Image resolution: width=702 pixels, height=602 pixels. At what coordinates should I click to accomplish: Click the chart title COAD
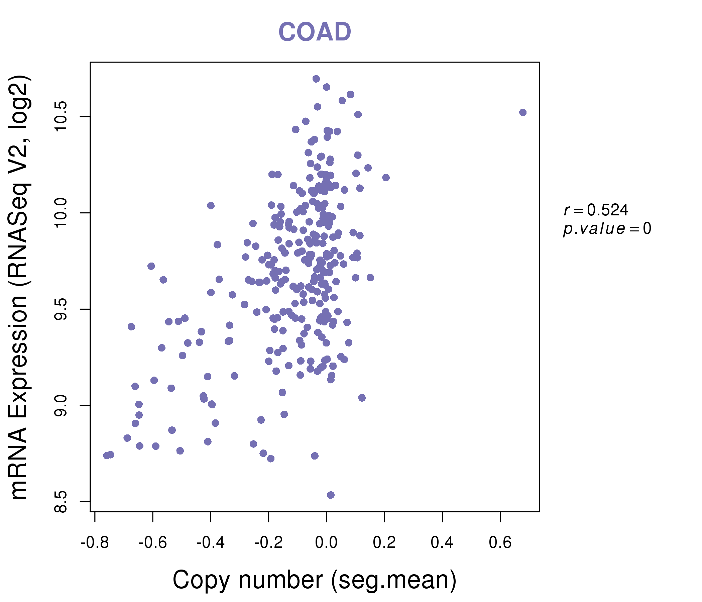pos(315,32)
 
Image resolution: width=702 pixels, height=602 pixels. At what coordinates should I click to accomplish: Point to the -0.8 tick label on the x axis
pos(95,542)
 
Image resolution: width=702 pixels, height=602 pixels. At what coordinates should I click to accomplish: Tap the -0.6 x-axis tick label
pos(153,542)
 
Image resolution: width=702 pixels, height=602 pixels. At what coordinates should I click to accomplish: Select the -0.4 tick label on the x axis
pos(210,542)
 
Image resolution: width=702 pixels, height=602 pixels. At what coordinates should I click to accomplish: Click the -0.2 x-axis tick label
pos(268,542)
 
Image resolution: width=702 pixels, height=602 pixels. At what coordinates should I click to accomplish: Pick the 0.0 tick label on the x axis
pos(326,542)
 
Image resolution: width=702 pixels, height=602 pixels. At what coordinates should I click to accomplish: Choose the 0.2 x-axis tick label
pos(384,542)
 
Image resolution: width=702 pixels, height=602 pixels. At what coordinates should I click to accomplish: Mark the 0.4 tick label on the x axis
pos(442,542)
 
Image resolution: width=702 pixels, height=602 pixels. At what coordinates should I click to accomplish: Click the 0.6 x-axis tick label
pos(500,542)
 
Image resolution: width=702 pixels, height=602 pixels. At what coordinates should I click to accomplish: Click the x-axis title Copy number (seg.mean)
pos(315,580)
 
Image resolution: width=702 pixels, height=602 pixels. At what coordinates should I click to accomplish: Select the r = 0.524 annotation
pos(596,210)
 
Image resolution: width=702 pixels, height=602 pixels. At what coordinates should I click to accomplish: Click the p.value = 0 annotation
pos(607,229)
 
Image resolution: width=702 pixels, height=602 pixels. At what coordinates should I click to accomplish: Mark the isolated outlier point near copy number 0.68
pos(523,112)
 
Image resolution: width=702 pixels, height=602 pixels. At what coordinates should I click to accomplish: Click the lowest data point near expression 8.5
pos(331,495)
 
